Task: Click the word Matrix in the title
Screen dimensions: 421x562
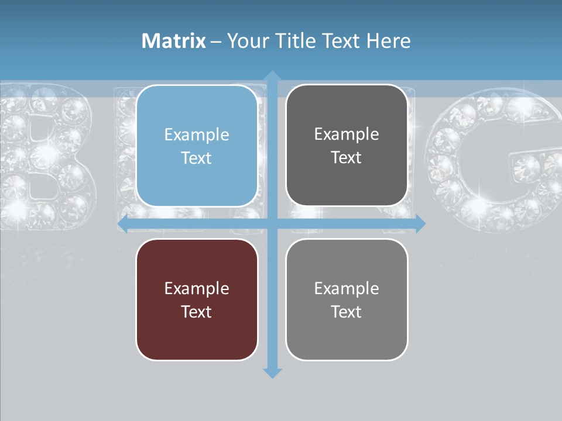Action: coord(173,41)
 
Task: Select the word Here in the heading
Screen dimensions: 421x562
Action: coord(388,41)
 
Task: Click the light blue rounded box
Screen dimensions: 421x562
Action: coord(197,146)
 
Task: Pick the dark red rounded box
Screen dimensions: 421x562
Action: coord(197,299)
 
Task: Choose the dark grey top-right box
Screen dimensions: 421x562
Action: coord(347,145)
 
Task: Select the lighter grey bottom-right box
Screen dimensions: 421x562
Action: coord(347,299)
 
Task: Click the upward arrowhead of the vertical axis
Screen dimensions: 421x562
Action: coord(272,76)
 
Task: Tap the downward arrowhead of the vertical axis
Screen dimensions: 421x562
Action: coord(272,372)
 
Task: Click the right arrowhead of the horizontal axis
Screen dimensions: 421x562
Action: coord(420,223)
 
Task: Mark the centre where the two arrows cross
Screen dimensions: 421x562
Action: coord(272,223)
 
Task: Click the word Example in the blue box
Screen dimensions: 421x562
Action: coord(197,135)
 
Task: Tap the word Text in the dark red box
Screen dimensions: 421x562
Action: coord(197,312)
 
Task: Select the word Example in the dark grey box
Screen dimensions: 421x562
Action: coord(347,134)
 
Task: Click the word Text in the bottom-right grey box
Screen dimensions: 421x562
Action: coord(347,312)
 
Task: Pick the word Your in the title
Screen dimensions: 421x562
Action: coord(248,41)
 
